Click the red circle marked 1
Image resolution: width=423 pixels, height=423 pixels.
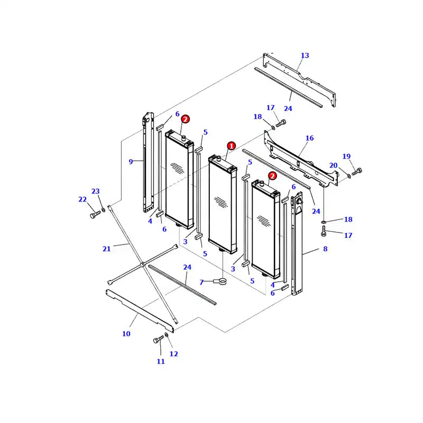click(231, 145)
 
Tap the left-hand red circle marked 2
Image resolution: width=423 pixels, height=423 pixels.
click(186, 119)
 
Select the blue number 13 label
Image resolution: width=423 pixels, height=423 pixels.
click(305, 56)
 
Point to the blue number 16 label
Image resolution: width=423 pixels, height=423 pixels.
click(309, 138)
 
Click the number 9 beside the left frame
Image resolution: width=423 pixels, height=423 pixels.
click(131, 161)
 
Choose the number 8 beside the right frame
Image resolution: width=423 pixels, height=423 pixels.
click(325, 249)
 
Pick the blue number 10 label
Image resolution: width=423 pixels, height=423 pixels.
click(126, 334)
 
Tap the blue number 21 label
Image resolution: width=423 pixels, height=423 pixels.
click(107, 249)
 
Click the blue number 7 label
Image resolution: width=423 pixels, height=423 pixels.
click(201, 282)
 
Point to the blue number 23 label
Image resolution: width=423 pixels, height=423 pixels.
click(96, 191)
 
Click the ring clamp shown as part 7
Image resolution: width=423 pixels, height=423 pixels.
click(222, 282)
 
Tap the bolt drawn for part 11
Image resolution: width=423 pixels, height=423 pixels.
click(158, 341)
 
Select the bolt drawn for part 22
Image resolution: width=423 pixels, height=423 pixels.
click(95, 215)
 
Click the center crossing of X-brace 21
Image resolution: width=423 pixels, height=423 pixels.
click(143, 263)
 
